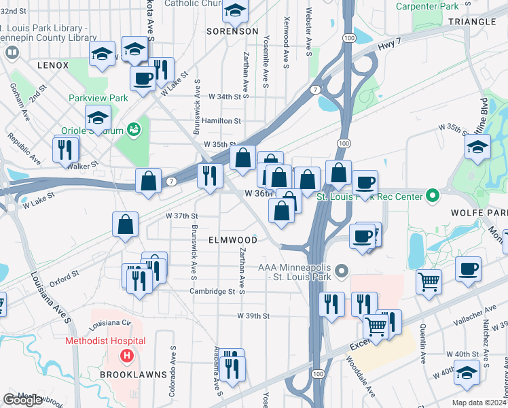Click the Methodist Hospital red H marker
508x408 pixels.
[126, 356]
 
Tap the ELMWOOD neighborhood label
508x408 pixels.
[233, 241]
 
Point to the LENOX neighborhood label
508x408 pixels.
[54, 65]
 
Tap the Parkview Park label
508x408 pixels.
[98, 98]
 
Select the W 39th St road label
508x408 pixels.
[253, 316]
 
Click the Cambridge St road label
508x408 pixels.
[212, 291]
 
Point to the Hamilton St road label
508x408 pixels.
[221, 121]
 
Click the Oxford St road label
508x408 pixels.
[65, 276]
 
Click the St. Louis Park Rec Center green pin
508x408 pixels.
[431, 197]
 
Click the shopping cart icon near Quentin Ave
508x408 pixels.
[428, 280]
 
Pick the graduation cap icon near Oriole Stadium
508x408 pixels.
[98, 118]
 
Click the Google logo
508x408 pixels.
[22, 400]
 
